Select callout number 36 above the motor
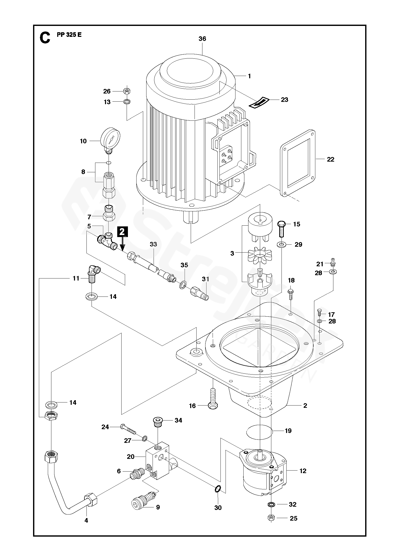(x=202, y=39)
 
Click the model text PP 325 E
(x=69, y=35)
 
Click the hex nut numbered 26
(x=127, y=91)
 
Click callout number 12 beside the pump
(x=303, y=471)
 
